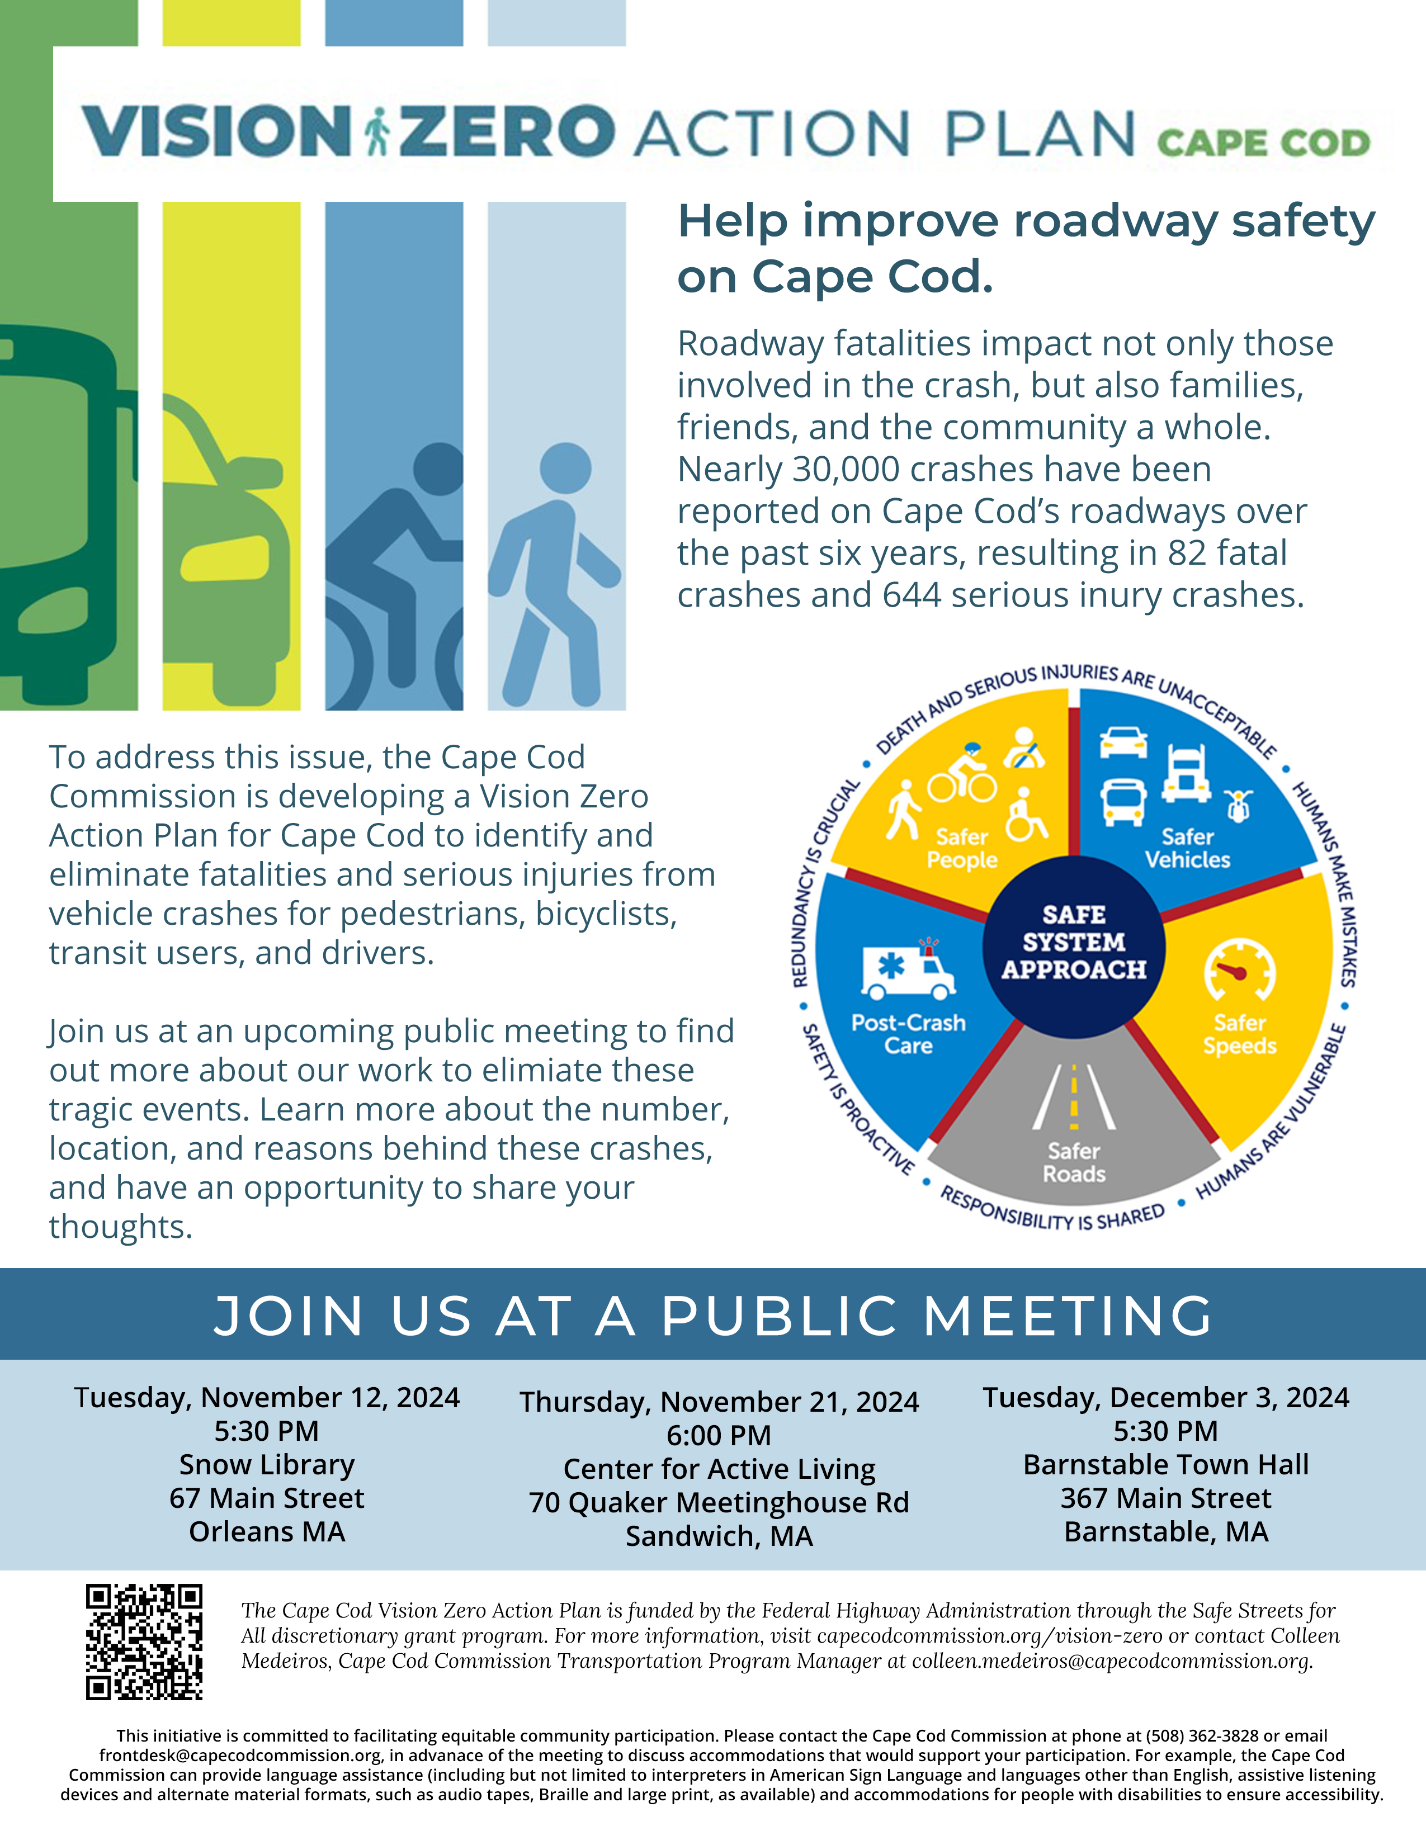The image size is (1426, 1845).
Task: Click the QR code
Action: click(144, 1641)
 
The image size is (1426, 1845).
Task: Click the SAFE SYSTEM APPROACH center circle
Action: click(1074, 942)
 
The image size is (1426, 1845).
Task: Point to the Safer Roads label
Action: click(1074, 1162)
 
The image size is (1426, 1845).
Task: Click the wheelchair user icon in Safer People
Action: click(1026, 815)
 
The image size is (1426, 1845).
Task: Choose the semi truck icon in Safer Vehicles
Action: click(1186, 774)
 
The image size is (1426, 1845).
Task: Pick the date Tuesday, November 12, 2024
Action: click(267, 1397)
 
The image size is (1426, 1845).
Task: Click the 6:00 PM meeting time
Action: click(719, 1435)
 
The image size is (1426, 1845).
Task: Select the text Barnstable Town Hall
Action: click(1166, 1464)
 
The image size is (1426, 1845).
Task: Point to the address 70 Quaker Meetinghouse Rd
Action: click(719, 1502)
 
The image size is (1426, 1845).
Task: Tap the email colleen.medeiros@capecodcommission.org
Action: click(1111, 1661)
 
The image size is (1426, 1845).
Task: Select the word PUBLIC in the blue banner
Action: click(779, 1316)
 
